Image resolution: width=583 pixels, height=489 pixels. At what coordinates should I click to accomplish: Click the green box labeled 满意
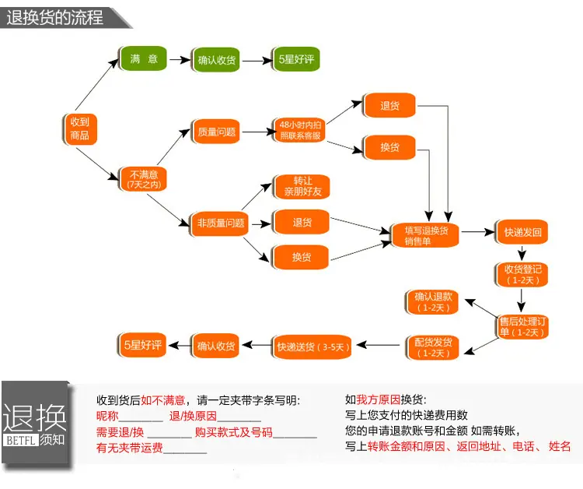[x=143, y=58]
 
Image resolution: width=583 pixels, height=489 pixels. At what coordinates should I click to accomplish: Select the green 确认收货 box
[x=216, y=60]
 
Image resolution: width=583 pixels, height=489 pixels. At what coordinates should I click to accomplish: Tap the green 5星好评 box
[x=296, y=59]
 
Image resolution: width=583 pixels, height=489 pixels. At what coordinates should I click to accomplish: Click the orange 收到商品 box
[x=79, y=128]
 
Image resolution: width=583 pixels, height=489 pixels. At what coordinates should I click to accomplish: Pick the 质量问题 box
[x=216, y=132]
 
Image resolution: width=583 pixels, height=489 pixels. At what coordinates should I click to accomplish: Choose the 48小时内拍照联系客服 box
[x=300, y=130]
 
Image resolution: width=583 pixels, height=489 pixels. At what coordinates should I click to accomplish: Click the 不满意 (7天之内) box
[x=143, y=179]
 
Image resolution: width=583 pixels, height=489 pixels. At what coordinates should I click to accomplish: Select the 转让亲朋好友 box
[x=302, y=187]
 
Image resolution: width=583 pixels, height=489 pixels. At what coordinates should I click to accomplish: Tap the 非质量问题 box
[x=220, y=223]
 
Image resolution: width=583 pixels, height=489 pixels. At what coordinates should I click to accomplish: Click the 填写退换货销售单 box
[x=426, y=235]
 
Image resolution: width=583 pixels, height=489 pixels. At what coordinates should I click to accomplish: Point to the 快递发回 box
[x=522, y=232]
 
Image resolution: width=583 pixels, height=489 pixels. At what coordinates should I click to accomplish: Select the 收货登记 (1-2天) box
[x=522, y=275]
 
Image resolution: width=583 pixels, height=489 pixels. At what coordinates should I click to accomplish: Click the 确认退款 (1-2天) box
[x=432, y=302]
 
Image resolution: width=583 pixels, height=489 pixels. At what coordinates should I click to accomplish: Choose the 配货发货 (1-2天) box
[x=432, y=347]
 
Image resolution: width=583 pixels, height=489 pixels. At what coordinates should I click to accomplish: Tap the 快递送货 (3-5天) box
[x=312, y=347]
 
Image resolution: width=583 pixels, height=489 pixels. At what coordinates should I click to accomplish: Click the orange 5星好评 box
[x=142, y=345]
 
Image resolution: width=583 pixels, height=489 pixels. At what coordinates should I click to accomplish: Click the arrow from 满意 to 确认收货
[x=180, y=60]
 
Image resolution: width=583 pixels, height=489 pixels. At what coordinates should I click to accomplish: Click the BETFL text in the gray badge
[x=21, y=441]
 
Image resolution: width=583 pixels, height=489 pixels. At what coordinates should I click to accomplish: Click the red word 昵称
[x=107, y=416]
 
